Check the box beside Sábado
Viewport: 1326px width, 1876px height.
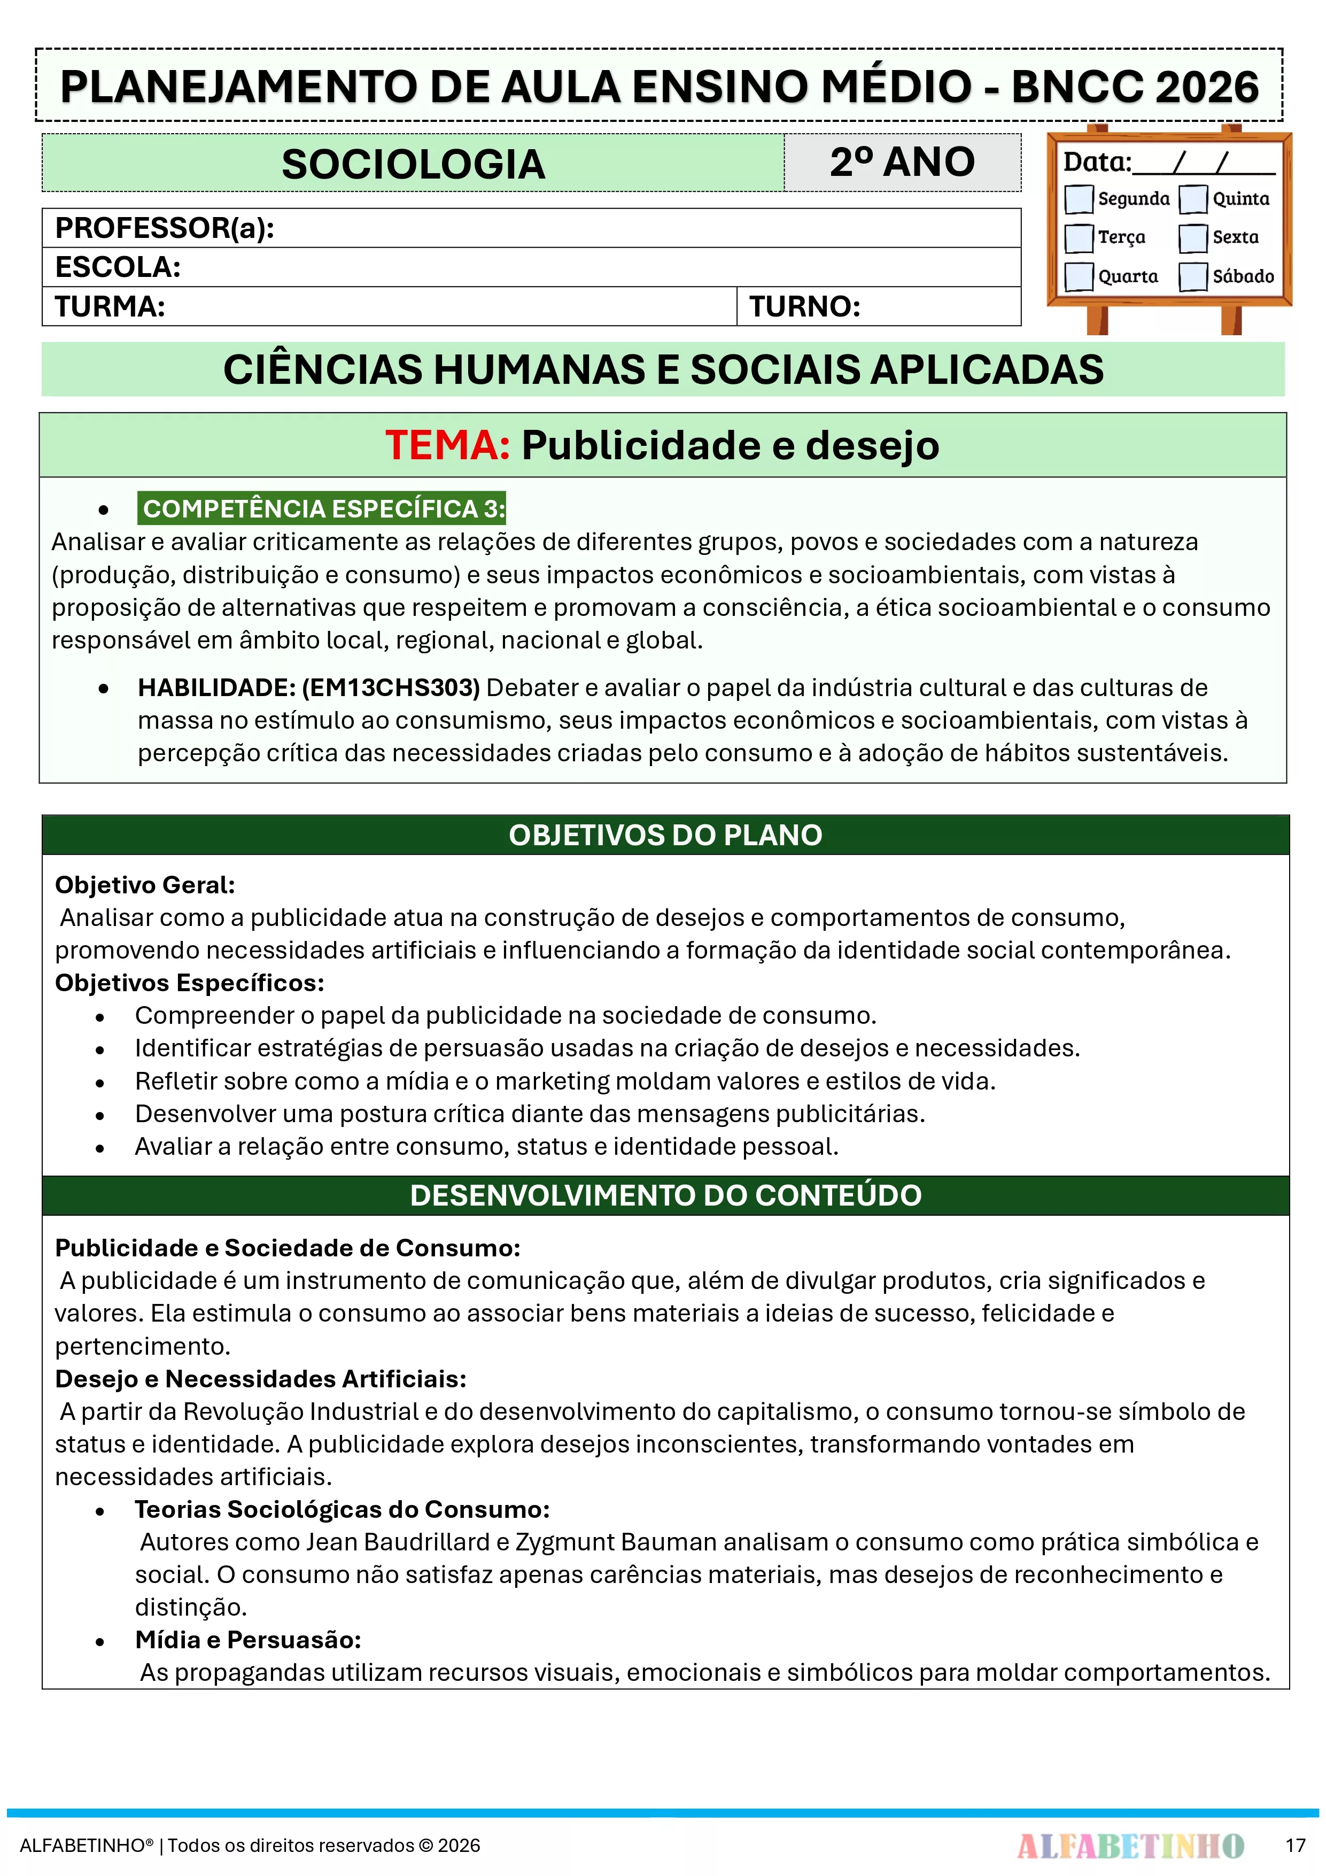(x=1193, y=276)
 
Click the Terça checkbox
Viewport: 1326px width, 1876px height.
(x=1079, y=238)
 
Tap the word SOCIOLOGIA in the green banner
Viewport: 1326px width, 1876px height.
(x=413, y=164)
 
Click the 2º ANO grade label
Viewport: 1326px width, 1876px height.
(x=902, y=162)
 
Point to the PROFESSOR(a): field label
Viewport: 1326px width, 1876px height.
(x=164, y=228)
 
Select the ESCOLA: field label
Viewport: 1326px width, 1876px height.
(x=118, y=267)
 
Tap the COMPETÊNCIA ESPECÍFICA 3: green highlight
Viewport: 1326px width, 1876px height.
(x=323, y=508)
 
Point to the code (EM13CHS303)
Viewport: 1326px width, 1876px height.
(x=391, y=687)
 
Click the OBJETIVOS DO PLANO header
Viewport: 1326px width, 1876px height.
(x=665, y=835)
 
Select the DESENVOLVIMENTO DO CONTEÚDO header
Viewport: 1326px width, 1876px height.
(x=665, y=1195)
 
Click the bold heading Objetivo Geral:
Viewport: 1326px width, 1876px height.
(x=145, y=885)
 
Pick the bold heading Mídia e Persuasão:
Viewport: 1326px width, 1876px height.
(x=247, y=1640)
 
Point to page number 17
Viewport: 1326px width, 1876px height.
(x=1295, y=1846)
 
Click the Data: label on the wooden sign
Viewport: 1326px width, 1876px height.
(x=1096, y=162)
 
